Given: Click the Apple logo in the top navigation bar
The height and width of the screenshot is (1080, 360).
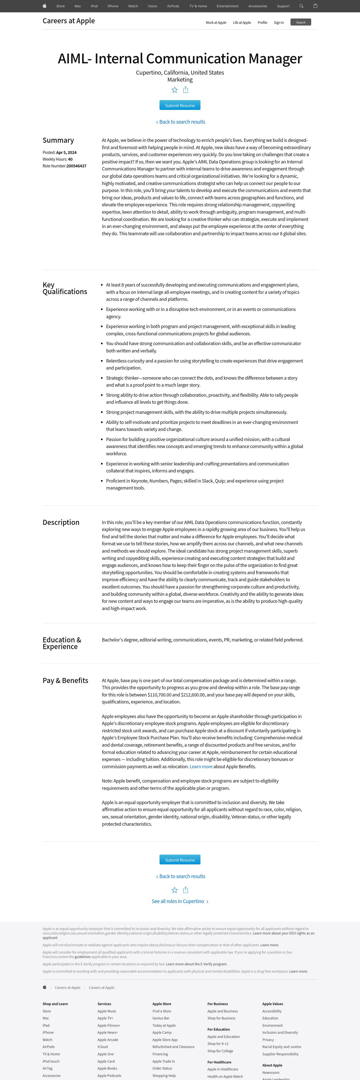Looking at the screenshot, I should click(x=44, y=6).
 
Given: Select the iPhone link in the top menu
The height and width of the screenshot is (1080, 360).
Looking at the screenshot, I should click(x=113, y=6).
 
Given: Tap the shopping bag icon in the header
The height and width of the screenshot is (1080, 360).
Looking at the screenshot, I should click(x=315, y=6).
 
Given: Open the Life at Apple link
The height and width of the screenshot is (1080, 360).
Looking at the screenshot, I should click(x=242, y=23).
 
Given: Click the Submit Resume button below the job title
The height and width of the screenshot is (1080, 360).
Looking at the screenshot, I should click(x=180, y=105).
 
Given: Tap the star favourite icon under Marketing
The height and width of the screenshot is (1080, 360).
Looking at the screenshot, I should click(x=175, y=90).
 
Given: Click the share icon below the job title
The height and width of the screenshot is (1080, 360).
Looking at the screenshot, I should click(x=186, y=90).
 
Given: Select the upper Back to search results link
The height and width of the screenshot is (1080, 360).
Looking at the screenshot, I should click(x=181, y=122).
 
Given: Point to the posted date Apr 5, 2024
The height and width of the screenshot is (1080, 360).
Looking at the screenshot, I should click(x=66, y=153).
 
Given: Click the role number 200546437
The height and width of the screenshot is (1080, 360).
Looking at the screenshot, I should click(x=76, y=166).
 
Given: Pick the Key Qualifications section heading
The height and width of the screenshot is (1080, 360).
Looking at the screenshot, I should click(x=64, y=288).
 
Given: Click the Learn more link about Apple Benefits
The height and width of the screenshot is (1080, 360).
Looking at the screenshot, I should click(x=201, y=766).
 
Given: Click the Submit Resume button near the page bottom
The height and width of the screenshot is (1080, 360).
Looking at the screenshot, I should click(x=180, y=859).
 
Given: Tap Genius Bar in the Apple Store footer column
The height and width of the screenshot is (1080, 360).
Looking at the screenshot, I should click(x=161, y=1018).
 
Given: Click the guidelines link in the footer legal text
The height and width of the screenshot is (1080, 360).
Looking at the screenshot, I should click(x=82, y=957).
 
